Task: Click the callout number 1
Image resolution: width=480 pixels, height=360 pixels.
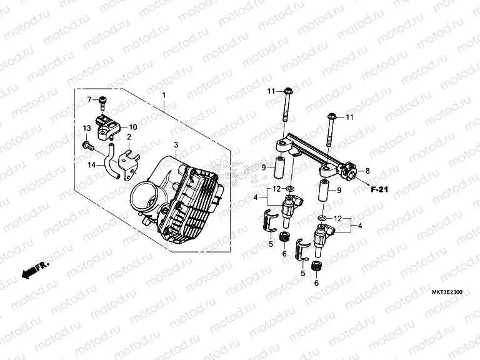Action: click(x=164, y=96)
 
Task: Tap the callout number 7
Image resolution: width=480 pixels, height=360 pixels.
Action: click(x=89, y=100)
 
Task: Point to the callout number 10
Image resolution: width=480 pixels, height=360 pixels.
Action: click(x=133, y=127)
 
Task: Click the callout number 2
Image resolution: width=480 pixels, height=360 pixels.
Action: click(x=129, y=137)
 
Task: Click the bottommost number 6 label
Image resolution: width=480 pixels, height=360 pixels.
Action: click(x=316, y=282)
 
